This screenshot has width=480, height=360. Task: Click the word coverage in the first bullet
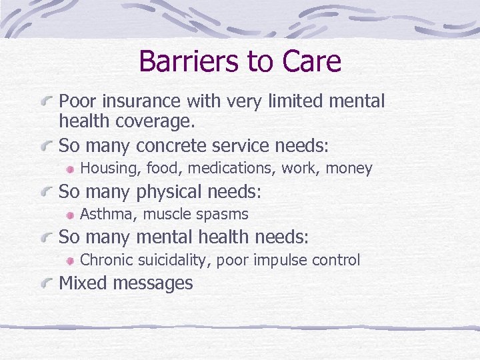[x=152, y=123]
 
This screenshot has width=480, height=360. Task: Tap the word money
[x=349, y=169]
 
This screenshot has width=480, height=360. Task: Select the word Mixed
[x=83, y=283]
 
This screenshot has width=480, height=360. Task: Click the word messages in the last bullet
[x=153, y=284]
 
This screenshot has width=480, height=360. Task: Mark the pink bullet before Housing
[x=71, y=169]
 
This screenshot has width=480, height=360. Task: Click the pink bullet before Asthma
[x=71, y=215]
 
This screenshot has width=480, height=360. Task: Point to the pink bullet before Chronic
[x=71, y=260]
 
